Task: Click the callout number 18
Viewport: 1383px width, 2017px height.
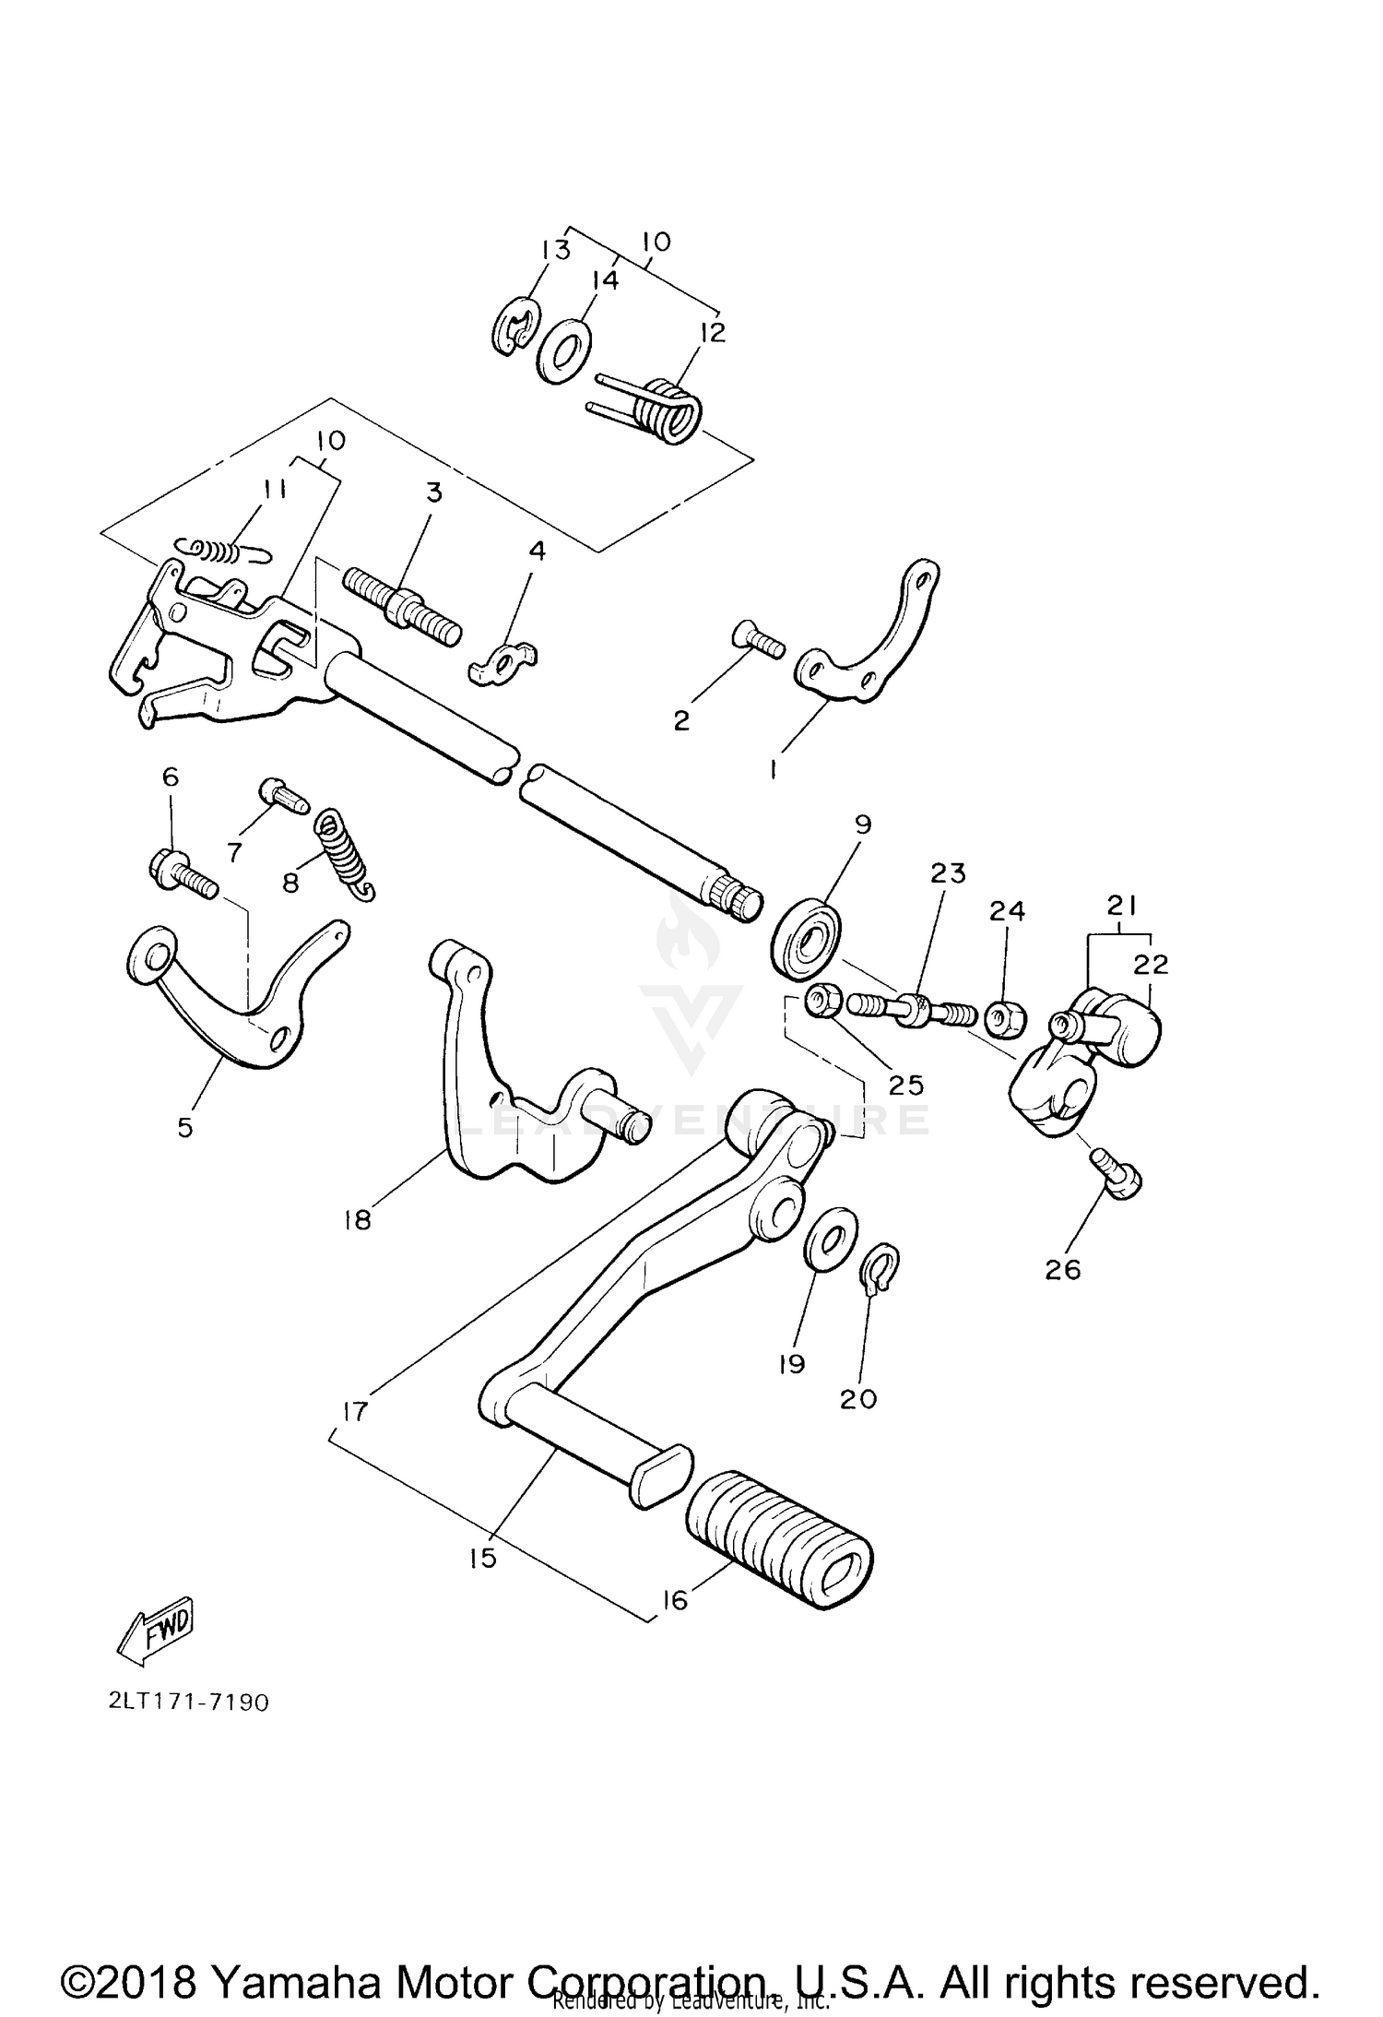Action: (x=356, y=1220)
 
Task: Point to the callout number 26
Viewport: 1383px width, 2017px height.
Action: (x=1062, y=1270)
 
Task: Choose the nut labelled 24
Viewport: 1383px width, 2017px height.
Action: (x=1005, y=1017)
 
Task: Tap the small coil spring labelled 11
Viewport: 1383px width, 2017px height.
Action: (x=221, y=550)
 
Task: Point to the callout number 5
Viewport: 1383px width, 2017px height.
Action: (x=185, y=1127)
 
